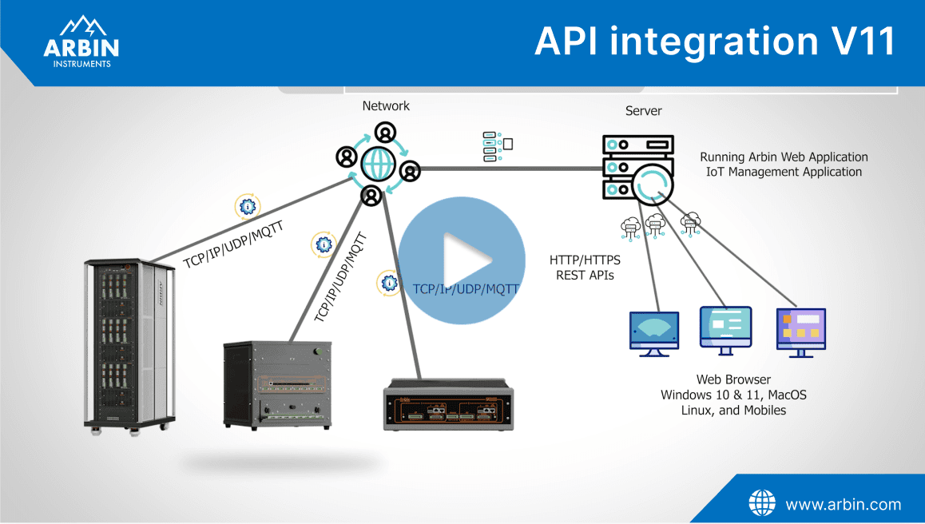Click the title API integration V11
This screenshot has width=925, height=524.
[714, 41]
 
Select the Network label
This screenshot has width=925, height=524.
[386, 105]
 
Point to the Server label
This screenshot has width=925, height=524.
[643, 111]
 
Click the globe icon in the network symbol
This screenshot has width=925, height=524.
[377, 163]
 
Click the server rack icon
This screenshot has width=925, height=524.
[637, 169]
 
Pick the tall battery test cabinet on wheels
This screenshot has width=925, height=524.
[129, 343]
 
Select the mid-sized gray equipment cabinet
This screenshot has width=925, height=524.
[276, 384]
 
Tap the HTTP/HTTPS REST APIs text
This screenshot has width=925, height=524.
[586, 268]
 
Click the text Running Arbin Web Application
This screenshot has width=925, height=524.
[784, 157]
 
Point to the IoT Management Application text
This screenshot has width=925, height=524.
[784, 172]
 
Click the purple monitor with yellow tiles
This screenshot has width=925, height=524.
[801, 328]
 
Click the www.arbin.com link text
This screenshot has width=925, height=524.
[843, 504]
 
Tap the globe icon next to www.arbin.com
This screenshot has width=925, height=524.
[761, 503]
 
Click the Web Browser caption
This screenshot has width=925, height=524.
[733, 380]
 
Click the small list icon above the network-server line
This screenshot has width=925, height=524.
[497, 146]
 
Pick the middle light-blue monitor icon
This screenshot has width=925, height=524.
[725, 327]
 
